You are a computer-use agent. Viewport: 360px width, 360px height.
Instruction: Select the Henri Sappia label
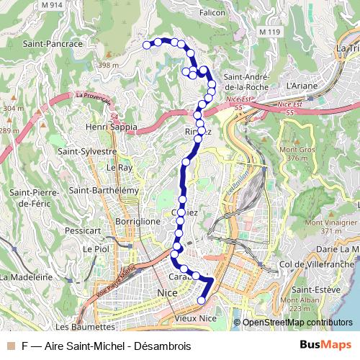[x=112, y=127]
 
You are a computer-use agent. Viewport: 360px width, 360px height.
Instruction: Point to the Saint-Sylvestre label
[x=87, y=152]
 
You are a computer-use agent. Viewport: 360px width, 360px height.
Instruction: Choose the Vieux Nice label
[x=197, y=318]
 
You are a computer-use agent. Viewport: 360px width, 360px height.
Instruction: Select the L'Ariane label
[x=301, y=85]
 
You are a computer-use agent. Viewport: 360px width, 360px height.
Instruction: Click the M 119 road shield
[x=269, y=32]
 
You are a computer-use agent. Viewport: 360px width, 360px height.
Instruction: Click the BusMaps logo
[x=326, y=346]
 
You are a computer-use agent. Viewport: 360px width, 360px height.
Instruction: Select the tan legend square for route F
[x=11, y=346]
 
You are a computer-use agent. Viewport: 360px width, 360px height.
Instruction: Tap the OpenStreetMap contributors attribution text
[x=297, y=322]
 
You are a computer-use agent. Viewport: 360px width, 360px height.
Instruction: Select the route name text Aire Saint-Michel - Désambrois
[x=118, y=346]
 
